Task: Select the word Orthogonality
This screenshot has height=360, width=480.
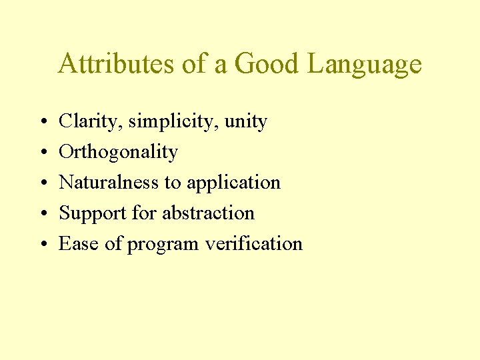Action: point(118,153)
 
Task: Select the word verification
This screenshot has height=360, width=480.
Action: point(254,244)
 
